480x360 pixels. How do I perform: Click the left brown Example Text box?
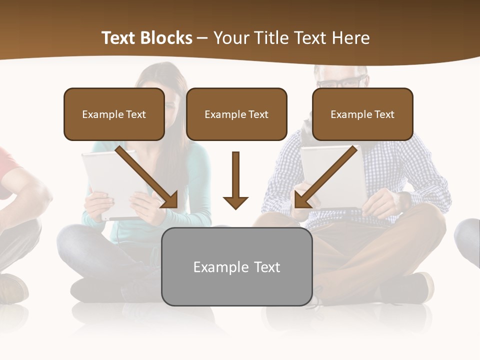point(114,114)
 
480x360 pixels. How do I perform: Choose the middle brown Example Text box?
point(236,114)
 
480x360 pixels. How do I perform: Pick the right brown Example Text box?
point(362,114)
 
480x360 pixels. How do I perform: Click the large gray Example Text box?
point(236,267)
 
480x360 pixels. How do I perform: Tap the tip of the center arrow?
point(235,207)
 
